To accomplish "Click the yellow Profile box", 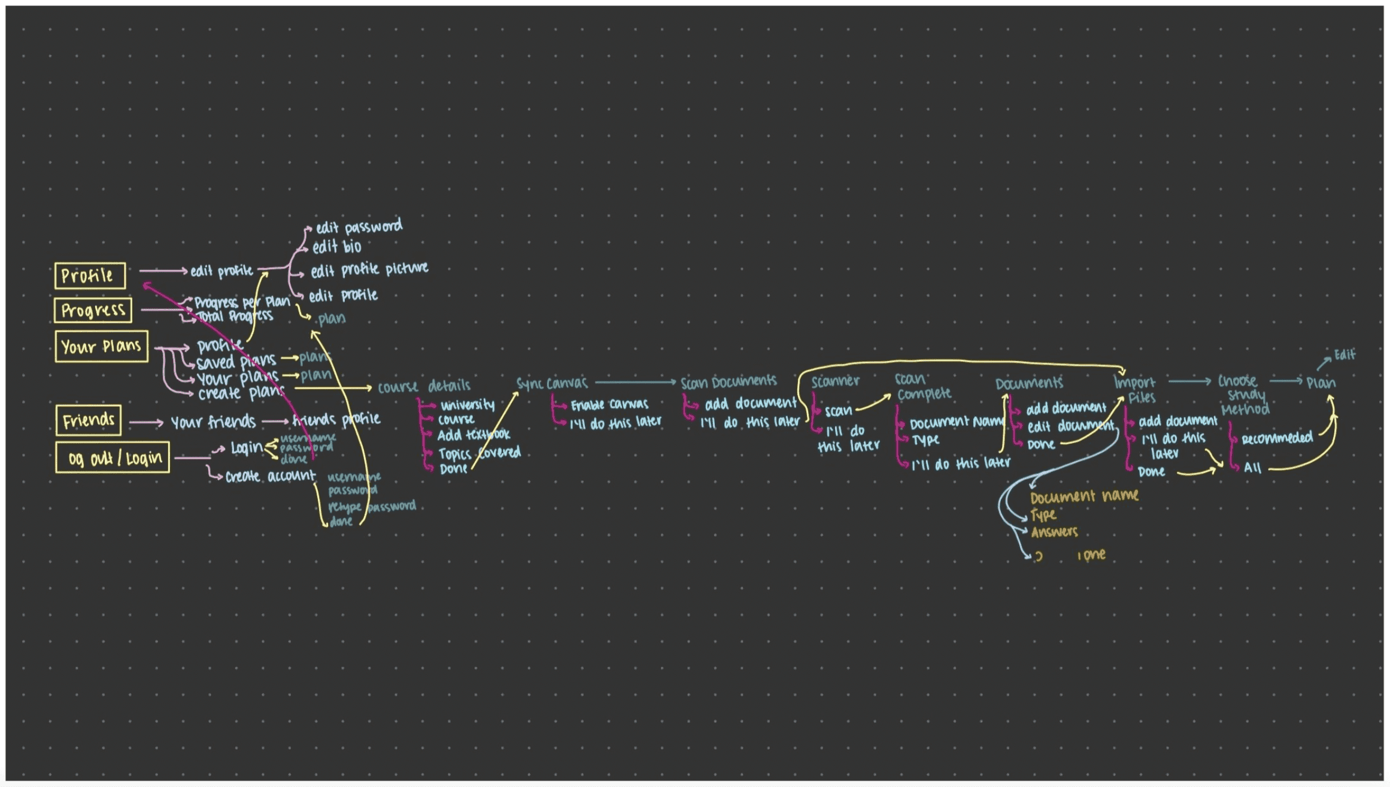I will click(90, 276).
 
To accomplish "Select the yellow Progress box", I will click(93, 310).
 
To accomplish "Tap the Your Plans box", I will click(101, 346).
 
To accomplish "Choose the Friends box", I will click(88, 420).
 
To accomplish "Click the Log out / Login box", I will click(113, 458).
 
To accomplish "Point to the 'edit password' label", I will click(359, 227).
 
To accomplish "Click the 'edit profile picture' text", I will click(369, 270).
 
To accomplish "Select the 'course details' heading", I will click(424, 386).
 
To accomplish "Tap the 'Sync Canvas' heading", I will click(552, 383).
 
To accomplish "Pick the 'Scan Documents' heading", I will click(728, 382).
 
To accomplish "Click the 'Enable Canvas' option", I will click(609, 405).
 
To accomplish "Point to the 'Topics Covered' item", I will click(479, 453).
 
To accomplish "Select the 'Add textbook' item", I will click(473, 435).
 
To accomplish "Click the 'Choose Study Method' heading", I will click(1244, 395).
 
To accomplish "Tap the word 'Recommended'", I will click(1277, 438).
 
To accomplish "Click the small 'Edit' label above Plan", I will click(1345, 355).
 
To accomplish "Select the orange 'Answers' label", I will click(1054, 532).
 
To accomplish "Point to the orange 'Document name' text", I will click(1084, 497).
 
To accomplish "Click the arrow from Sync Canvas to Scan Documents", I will click(635, 382).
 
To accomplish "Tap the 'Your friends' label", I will click(213, 422).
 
